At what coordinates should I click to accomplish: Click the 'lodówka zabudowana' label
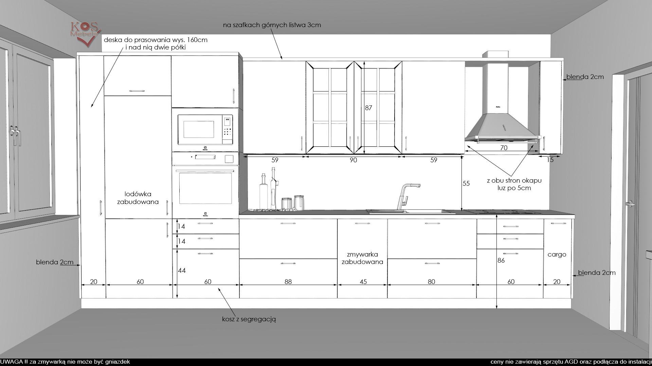tap(138, 198)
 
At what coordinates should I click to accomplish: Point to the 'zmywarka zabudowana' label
tap(362, 258)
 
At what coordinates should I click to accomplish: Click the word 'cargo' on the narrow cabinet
tap(557, 255)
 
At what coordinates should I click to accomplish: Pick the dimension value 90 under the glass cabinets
tap(354, 160)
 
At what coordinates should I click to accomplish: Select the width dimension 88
tap(288, 282)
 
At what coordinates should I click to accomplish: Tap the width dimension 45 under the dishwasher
tap(363, 282)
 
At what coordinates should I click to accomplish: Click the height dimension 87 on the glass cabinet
tap(368, 108)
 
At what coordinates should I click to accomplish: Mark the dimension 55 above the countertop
tap(466, 183)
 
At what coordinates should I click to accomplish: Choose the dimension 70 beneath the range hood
tap(504, 148)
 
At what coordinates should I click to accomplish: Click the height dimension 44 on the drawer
tap(182, 270)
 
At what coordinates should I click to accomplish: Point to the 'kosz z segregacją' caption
tap(249, 319)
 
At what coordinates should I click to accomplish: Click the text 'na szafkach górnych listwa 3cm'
tap(272, 25)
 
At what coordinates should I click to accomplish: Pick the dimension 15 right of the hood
tap(550, 160)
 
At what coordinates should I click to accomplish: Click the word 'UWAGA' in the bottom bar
tap(11, 362)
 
